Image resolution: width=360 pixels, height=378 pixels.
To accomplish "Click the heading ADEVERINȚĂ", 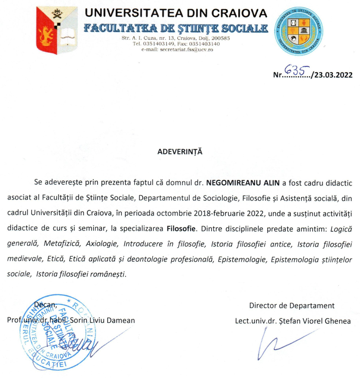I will (180, 151).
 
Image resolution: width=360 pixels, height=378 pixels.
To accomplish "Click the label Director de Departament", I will (292, 305).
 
